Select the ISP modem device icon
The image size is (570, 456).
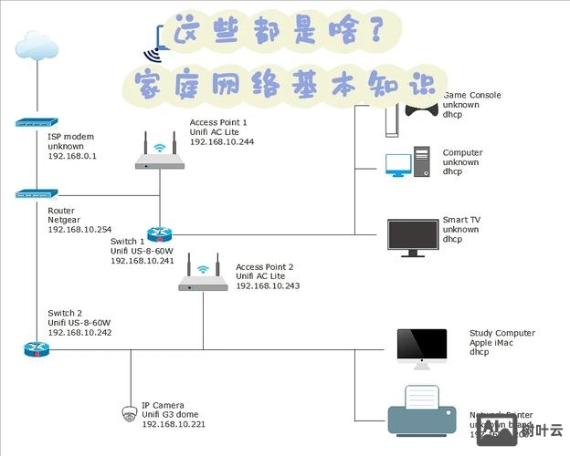pos(37,122)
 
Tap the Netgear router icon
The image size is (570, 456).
pos(37,193)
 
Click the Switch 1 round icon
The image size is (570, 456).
pos(160,234)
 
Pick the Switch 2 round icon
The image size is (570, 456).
pos(37,349)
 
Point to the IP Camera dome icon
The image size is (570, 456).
pos(130,413)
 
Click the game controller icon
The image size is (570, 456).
pos(420,109)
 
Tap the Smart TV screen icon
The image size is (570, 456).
pos(413,235)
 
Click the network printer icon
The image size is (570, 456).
pos(421,410)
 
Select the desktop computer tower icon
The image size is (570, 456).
pos(421,162)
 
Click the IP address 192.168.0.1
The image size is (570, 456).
pos(72,156)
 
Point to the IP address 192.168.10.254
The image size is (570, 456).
pos(79,229)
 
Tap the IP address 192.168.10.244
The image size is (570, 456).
pos(222,141)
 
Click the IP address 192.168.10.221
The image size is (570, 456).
pos(174,424)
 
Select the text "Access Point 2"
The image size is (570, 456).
pos(264,265)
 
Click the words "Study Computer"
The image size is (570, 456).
pos(502,333)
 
